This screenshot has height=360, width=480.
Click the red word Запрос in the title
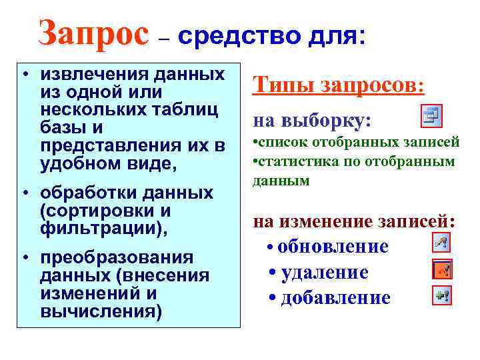(x=93, y=33)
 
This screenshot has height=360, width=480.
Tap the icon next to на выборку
(x=431, y=116)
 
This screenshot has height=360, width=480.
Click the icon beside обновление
(x=442, y=243)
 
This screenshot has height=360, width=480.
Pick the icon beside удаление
(x=442, y=269)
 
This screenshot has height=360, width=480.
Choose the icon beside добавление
(x=442, y=295)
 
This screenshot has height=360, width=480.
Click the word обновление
(x=333, y=246)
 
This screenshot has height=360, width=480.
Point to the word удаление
(x=325, y=272)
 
